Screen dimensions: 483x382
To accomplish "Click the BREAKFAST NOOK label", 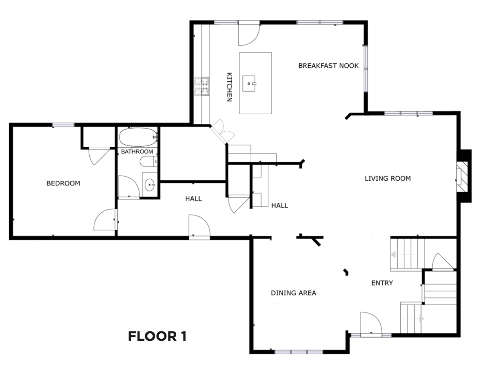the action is (328, 66).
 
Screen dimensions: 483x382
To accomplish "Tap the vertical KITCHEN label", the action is (229, 87).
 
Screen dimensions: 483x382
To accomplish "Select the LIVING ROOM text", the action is (388, 178).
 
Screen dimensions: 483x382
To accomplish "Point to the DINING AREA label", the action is (293, 293).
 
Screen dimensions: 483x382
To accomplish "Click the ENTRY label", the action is (382, 283).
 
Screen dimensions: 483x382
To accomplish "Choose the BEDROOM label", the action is (63, 183).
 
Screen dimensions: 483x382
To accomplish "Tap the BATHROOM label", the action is (137, 151).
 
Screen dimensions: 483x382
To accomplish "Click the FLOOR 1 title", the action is (157, 336).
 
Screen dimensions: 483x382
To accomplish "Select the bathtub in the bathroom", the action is (138, 137).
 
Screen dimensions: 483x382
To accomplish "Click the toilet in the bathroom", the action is (149, 161).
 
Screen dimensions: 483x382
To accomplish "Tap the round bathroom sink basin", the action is (150, 185).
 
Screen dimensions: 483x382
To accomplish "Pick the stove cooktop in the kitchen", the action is (202, 87).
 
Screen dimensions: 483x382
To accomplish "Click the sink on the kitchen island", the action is (249, 83).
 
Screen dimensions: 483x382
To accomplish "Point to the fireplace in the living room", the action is (464, 176).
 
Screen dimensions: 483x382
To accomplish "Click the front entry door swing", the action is (371, 324).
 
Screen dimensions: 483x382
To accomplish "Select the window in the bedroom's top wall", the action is (63, 125).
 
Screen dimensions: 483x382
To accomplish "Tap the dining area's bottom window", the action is (299, 352).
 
